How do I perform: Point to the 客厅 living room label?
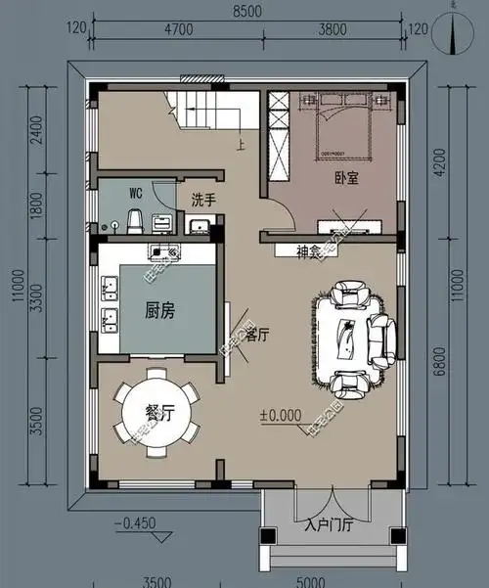pos(257,335)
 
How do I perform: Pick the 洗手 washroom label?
pos(203,200)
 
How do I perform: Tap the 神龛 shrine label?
pos(310,251)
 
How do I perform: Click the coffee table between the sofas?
pos(346,336)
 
